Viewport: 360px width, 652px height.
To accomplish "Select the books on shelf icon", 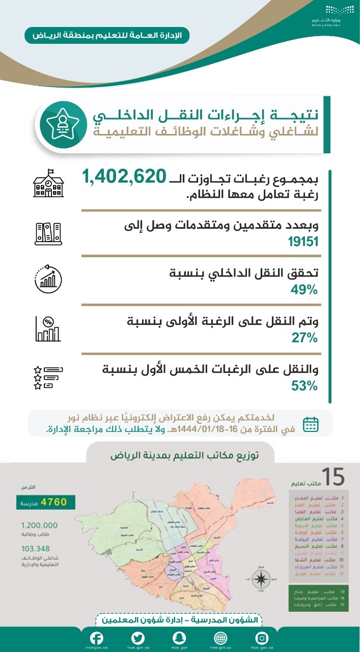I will pyautogui.click(x=48, y=232).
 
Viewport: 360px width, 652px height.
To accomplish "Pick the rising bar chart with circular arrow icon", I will pyautogui.click(x=48, y=279).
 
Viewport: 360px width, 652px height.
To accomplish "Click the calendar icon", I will pyautogui.click(x=311, y=424).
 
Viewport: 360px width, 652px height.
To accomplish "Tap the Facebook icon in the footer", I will pyautogui.click(x=97, y=638).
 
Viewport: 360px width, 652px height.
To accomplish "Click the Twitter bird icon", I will pyautogui.click(x=138, y=638).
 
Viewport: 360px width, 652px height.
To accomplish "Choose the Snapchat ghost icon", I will pyautogui.click(x=179, y=638).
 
